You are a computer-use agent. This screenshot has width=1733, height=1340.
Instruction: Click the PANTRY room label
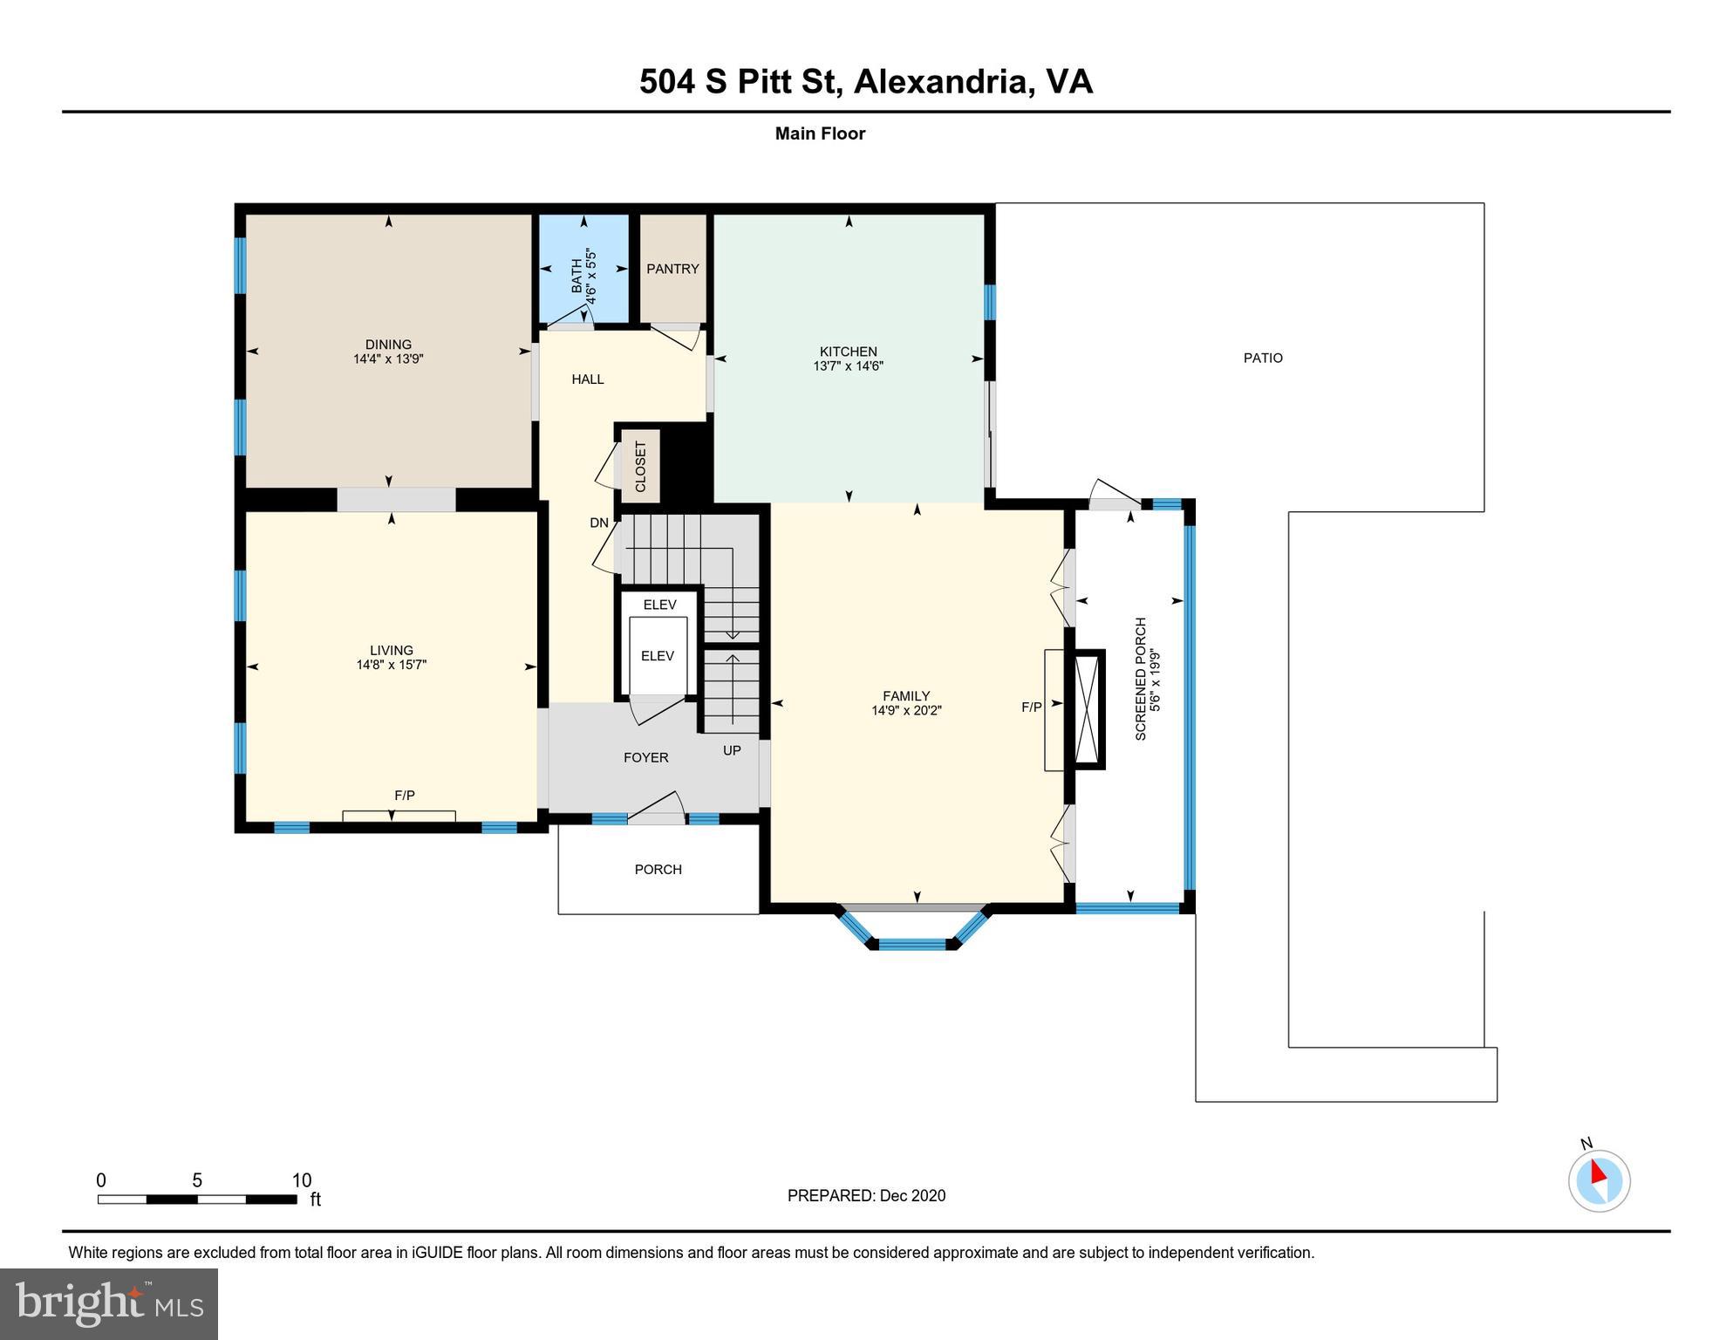click(672, 269)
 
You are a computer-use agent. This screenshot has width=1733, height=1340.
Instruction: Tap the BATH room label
click(577, 276)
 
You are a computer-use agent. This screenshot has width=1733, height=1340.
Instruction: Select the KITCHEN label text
click(848, 352)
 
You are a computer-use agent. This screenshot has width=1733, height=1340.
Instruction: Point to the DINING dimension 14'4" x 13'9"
click(388, 359)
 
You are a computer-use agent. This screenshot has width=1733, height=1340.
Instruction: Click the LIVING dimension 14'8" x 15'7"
click(391, 665)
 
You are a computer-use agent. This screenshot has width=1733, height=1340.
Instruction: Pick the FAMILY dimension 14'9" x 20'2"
click(906, 710)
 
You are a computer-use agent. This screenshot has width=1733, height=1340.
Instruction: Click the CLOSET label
click(641, 467)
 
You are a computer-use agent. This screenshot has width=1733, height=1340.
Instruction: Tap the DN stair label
click(599, 523)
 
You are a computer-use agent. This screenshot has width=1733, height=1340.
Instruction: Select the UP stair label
click(732, 750)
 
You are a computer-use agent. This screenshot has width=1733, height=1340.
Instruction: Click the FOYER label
click(646, 757)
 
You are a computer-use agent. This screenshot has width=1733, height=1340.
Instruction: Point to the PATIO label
click(1263, 358)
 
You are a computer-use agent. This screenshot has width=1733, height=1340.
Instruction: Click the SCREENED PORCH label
click(1141, 680)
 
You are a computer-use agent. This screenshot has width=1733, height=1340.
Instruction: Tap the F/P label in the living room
click(405, 796)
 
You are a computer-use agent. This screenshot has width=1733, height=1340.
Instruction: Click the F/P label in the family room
click(1032, 708)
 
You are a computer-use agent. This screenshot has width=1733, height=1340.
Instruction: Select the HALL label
click(588, 379)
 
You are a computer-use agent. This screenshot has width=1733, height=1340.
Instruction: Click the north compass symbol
click(1599, 1179)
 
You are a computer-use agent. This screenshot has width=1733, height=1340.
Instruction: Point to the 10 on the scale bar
click(302, 1180)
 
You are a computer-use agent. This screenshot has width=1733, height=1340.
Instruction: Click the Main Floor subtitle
click(820, 133)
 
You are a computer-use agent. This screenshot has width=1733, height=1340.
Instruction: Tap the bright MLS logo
click(109, 1303)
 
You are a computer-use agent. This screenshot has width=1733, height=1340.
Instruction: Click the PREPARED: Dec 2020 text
click(866, 1195)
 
